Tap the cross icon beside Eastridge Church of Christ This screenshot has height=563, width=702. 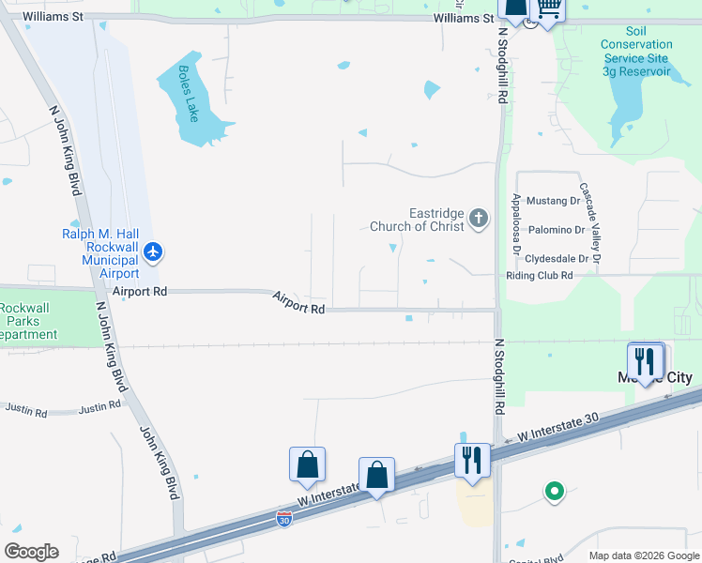pyautogui.click(x=479, y=220)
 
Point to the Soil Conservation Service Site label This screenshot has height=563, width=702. pyautogui.click(x=636, y=51)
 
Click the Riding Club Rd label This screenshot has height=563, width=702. pyautogui.click(x=540, y=276)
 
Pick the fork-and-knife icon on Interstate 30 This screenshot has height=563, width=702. pyautogui.click(x=471, y=460)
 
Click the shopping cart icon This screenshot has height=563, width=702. pyautogui.click(x=549, y=9)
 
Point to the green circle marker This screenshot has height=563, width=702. pyautogui.click(x=554, y=491)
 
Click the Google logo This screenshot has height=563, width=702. pyautogui.click(x=31, y=552)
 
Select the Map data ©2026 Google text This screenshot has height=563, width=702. pyautogui.click(x=643, y=555)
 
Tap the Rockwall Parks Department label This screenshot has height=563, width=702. pyautogui.click(x=28, y=322)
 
